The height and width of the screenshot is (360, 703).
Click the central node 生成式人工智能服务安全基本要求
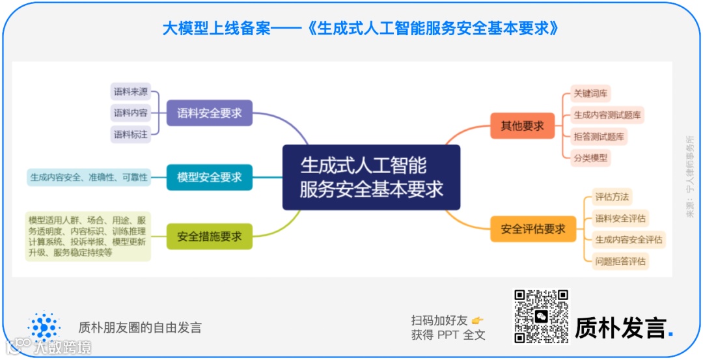pyautogui.click(x=371, y=177)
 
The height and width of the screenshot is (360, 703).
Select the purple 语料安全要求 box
pyautogui.click(x=209, y=113)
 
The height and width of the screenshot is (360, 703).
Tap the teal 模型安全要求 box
pyautogui.click(x=209, y=177)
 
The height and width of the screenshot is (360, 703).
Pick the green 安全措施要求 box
pyautogui.click(x=209, y=236)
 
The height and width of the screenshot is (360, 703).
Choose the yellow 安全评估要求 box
pyautogui.click(x=532, y=228)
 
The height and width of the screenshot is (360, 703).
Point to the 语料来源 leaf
pyautogui.click(x=130, y=92)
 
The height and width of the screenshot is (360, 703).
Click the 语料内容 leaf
pyautogui.click(x=130, y=113)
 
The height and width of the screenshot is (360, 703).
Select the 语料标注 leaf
pyautogui.click(x=130, y=134)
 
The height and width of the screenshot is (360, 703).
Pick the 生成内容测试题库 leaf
pyautogui.click(x=607, y=115)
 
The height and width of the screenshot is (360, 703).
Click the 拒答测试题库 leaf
pyautogui.click(x=598, y=136)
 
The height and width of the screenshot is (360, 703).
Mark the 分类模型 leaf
pyautogui.click(x=590, y=158)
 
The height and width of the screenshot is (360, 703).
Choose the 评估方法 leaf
pyautogui.click(x=612, y=197)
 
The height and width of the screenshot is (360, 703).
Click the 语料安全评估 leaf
pyautogui.click(x=620, y=218)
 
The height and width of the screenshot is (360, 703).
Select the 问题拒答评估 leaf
pyautogui.click(x=620, y=261)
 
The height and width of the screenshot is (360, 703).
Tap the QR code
pyautogui.click(x=541, y=316)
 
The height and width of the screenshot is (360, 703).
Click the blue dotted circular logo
pyautogui.click(x=44, y=326)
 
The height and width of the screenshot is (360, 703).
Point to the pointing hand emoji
pyautogui.click(x=478, y=320)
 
